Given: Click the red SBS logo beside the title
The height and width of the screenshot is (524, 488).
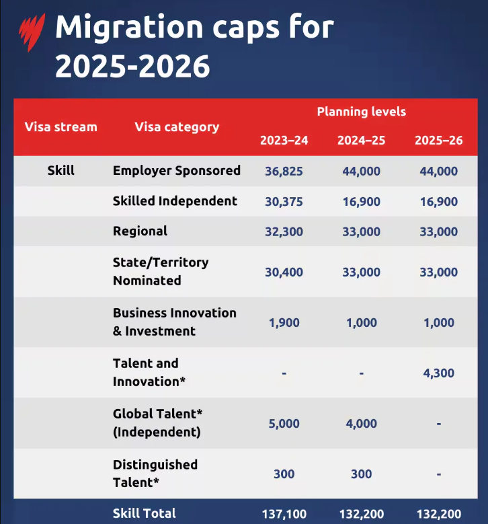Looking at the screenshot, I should (31, 30).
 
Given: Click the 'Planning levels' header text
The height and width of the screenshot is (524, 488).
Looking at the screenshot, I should (361, 112).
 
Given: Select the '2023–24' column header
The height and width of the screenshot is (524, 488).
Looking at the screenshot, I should (284, 141).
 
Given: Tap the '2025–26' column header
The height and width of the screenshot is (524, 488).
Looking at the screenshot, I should (438, 141).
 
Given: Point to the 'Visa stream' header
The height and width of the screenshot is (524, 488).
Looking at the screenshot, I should (60, 126).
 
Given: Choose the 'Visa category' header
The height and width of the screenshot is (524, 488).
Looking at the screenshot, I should (177, 126).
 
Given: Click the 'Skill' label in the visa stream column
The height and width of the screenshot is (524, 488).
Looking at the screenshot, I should (60, 171).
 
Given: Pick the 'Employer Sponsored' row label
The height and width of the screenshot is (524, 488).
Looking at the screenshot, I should (176, 171).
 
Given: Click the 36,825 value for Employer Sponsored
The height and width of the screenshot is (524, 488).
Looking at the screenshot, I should (284, 172).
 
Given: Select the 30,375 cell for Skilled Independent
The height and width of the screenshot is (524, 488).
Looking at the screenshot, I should (284, 202).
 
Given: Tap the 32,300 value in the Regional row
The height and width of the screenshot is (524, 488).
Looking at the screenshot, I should (284, 232).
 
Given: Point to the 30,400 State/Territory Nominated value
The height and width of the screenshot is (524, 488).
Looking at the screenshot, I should (284, 272).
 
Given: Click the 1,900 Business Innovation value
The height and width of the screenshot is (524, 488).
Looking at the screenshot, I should (284, 323).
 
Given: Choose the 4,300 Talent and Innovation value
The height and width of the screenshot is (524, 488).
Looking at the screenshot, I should (438, 373).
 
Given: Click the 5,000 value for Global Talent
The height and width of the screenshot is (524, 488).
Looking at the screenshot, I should (284, 424).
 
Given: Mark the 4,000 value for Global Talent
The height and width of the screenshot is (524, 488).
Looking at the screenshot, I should (361, 424).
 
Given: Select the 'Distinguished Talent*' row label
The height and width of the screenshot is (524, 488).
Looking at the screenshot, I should (155, 474).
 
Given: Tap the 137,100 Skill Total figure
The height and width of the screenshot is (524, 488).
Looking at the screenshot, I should (284, 515).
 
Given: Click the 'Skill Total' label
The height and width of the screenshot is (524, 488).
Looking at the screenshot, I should (145, 514).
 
